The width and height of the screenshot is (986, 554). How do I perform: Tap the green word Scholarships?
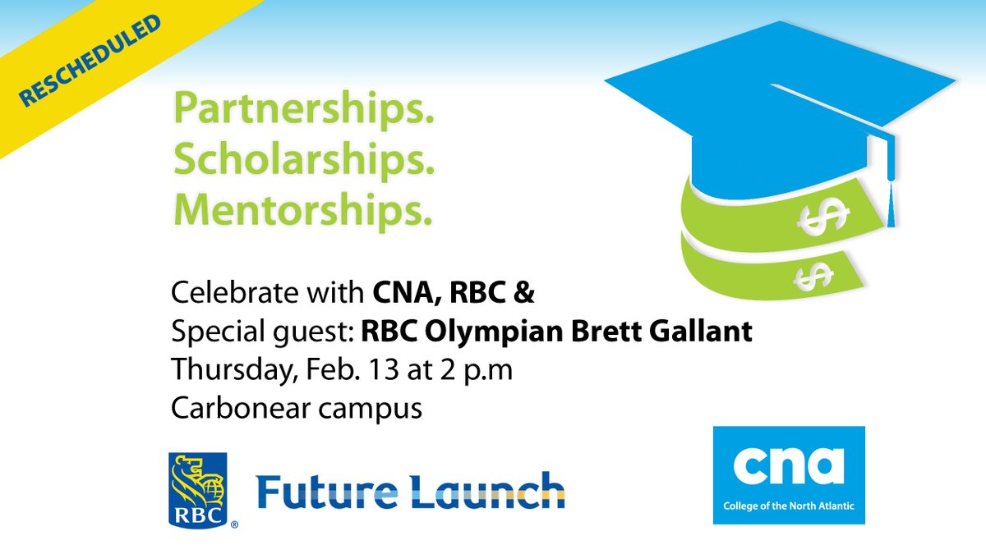coord(303,162)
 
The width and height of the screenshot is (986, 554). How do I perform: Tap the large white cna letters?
coord(788,465)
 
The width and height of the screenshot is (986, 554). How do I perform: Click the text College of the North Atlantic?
coord(788,506)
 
